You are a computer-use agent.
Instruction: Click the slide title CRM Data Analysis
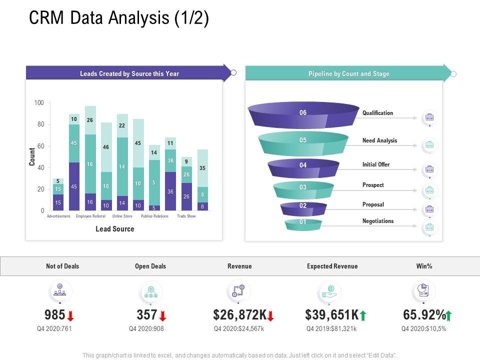tap(119, 18)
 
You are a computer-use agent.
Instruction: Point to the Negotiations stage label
tap(378, 221)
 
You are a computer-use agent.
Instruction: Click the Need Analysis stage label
tap(379, 140)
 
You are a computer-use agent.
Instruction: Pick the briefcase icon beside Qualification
tap(429, 118)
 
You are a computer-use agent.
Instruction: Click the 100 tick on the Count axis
tap(39, 103)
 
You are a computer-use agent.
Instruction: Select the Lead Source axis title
tap(115, 229)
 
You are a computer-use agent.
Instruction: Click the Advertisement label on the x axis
tap(58, 216)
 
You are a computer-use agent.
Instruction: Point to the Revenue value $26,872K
tap(240, 315)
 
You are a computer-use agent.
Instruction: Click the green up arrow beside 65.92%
tap(448, 315)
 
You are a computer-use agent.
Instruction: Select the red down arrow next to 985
tap(70, 315)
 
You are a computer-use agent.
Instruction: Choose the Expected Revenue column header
tap(332, 266)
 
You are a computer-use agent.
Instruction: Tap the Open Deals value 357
tap(147, 315)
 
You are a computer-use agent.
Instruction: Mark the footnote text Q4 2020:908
tap(146, 329)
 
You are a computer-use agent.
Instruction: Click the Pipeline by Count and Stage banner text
tap(348, 74)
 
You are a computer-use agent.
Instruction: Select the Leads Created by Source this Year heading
tap(129, 74)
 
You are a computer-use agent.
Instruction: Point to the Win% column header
tap(424, 266)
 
